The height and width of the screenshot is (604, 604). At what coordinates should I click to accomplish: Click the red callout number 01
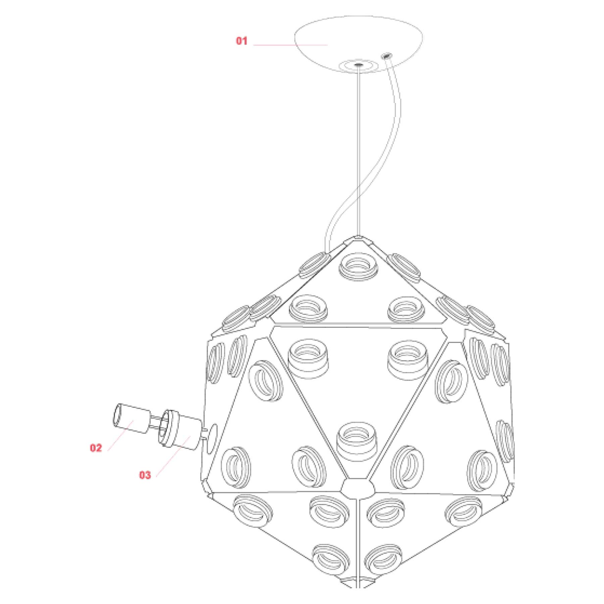click(x=242, y=41)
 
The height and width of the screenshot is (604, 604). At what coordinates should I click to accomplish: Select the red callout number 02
click(x=96, y=448)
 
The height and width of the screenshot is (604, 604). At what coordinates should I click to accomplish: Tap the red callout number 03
click(x=145, y=475)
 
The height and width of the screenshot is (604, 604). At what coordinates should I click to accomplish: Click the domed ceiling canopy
click(x=358, y=44)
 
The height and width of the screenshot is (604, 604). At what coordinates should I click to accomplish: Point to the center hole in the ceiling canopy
click(x=359, y=64)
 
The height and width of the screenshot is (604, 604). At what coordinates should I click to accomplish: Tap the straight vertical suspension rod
click(x=359, y=151)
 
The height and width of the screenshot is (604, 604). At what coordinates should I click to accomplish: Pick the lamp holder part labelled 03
click(x=180, y=429)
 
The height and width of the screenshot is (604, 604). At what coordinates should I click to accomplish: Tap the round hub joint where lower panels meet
click(x=358, y=487)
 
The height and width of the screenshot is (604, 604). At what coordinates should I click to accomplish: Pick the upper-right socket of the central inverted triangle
click(x=407, y=359)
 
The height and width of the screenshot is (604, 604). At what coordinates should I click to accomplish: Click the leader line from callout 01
click(x=290, y=45)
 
